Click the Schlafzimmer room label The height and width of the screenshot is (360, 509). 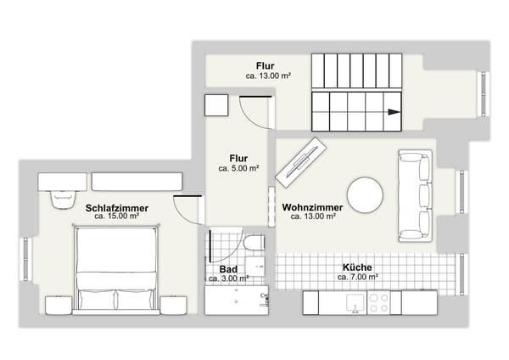point(117,208)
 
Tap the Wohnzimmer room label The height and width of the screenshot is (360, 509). point(312,207)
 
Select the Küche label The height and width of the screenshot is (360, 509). point(357,267)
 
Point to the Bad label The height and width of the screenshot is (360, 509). point(228,269)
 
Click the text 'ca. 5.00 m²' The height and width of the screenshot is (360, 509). point(238,168)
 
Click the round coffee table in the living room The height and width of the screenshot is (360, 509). point(365,195)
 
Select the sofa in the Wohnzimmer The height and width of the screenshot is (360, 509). point(416,196)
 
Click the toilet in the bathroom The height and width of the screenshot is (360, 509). point(255,244)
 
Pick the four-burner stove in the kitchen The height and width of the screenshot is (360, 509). point(378,303)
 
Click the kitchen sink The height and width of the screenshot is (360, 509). point(356,303)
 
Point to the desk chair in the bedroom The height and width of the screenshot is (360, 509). point(63,199)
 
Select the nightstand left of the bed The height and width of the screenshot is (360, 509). point(59,306)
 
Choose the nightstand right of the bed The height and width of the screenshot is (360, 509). point(173,306)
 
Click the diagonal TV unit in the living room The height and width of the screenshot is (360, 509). point(301,162)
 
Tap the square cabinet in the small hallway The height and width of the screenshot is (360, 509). point(216,105)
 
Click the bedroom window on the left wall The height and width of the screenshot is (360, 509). point(26,259)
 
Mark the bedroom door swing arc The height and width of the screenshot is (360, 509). point(182,216)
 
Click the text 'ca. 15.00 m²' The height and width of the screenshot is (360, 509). point(117,216)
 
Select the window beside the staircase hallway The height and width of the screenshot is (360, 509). point(484,93)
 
